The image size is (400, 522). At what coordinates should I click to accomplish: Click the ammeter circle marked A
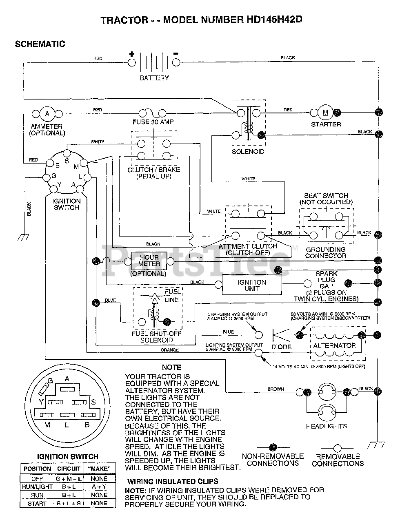(47, 114)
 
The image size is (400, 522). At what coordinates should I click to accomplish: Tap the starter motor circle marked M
(325, 112)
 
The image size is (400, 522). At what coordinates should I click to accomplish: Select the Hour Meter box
(149, 261)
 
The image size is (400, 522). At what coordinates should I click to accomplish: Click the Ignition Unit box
(252, 285)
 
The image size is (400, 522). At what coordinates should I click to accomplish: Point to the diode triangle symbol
(282, 335)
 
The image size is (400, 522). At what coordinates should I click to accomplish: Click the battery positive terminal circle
(131, 62)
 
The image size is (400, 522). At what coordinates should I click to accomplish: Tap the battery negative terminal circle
(176, 62)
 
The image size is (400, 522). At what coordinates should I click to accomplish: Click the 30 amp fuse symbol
(152, 113)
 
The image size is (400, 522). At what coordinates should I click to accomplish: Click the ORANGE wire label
(170, 350)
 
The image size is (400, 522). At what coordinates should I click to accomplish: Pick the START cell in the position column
(37, 503)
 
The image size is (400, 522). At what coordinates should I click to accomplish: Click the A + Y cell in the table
(99, 487)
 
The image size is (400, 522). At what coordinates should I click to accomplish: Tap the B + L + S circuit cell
(69, 503)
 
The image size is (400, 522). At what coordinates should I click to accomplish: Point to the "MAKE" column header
(99, 469)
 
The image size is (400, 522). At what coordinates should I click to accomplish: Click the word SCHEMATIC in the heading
(40, 44)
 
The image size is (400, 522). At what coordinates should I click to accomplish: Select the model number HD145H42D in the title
(274, 20)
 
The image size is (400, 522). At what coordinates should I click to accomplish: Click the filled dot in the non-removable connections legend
(273, 447)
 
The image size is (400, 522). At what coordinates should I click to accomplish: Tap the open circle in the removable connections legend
(338, 448)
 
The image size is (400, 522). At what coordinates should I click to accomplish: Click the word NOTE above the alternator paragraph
(171, 367)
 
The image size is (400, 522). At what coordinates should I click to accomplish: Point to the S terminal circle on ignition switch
(67, 153)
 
